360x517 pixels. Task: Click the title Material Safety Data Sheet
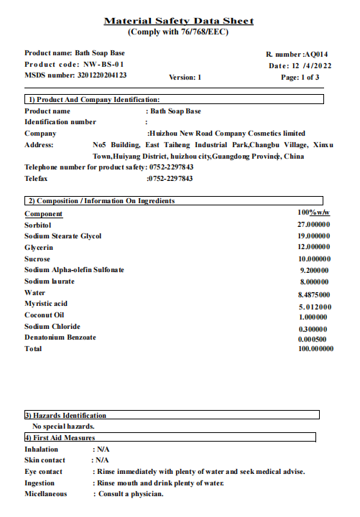coord(179,22)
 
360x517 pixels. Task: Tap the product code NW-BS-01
coord(93,64)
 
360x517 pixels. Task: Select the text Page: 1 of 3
coord(300,77)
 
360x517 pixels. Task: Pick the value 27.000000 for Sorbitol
coord(314,225)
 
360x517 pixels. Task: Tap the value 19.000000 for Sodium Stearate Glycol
coord(314,236)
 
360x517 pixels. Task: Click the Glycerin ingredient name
coord(38,247)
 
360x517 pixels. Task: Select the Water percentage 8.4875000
coord(314,294)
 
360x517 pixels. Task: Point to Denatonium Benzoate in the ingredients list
coord(60,337)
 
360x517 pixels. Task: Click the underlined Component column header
coord(43,214)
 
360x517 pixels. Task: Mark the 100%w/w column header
coord(313,213)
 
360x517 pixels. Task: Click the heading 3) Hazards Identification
coord(65,415)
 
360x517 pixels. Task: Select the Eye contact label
coord(43,472)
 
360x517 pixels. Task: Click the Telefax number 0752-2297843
coord(170,178)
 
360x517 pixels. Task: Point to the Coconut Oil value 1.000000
coord(314,317)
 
